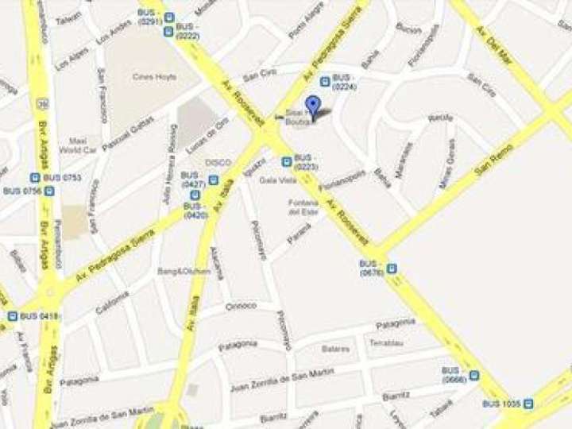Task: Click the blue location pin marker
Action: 314,106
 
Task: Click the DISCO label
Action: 218,162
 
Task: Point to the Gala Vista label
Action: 272,180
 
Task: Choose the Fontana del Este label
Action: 303,207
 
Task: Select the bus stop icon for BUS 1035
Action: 528,404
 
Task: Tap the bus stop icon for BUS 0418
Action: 13,316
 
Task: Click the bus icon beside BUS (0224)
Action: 324,81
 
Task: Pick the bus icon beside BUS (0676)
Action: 391,269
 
